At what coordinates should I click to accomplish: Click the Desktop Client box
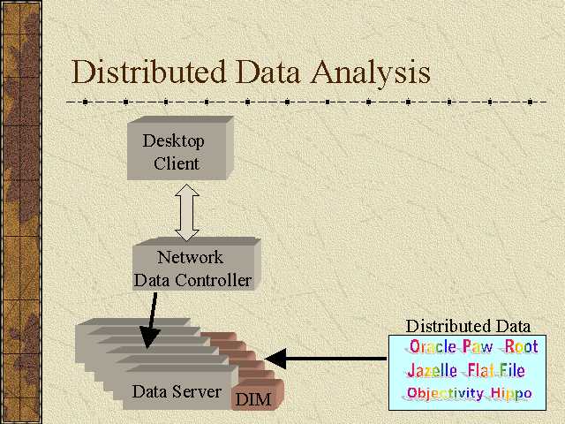point(177,151)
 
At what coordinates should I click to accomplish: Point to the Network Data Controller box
point(192,269)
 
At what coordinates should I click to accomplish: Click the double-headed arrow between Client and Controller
point(186,211)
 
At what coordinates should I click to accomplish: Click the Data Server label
point(177,390)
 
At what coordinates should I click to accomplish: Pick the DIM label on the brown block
point(253,399)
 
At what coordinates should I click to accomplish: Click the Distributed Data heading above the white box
point(468,326)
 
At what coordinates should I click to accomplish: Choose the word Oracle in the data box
point(433,347)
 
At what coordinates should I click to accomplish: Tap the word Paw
point(478,347)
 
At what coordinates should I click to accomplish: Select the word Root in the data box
point(521,347)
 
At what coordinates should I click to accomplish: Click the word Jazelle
point(433,371)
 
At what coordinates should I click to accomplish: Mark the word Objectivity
point(445,393)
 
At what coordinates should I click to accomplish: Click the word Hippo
point(512,393)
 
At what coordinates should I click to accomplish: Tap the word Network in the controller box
point(190,258)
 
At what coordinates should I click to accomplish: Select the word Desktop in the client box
point(174,140)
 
